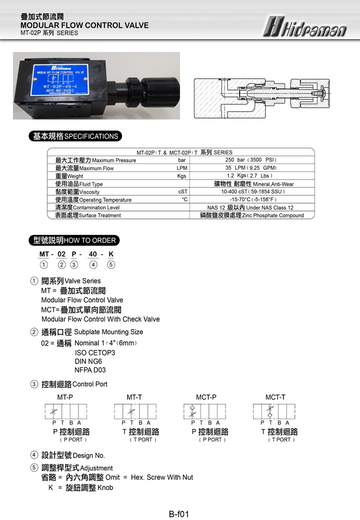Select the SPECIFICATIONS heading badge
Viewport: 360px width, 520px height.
[75, 136]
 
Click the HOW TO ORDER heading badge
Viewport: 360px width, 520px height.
[74, 240]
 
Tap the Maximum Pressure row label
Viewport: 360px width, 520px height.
[95, 160]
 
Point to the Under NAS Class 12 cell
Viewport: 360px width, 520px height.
[250, 207]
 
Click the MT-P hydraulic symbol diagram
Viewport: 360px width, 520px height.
[65, 412]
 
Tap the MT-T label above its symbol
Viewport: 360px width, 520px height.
[134, 397]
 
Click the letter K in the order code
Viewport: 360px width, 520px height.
[111, 254]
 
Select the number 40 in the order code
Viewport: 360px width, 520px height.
[93, 254]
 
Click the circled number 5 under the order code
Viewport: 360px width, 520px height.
[111, 264]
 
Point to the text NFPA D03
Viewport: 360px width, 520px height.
[90, 370]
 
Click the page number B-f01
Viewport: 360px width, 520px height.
[179, 513]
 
